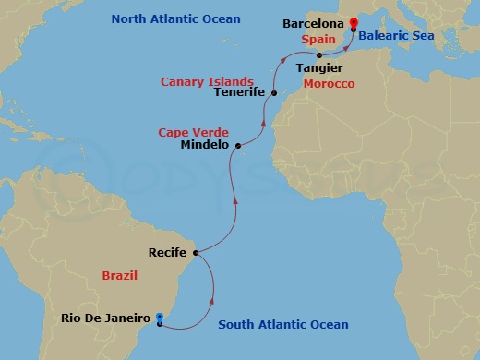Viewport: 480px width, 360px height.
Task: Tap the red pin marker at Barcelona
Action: [x=354, y=26]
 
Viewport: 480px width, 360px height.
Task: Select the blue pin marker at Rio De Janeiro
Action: [x=160, y=319]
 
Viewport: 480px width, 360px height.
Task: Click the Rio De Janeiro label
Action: [x=105, y=318]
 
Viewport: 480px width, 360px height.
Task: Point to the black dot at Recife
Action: [x=196, y=251]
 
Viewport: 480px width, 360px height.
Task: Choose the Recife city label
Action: [x=168, y=251]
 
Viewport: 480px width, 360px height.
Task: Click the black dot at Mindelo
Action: [x=238, y=145]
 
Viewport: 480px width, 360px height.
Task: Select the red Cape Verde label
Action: [x=193, y=132]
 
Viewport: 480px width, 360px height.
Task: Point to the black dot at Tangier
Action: [x=318, y=54]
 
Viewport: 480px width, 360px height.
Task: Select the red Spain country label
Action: [x=317, y=41]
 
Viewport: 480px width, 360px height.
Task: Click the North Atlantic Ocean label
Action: [x=175, y=18]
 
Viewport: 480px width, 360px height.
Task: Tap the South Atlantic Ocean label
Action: [x=282, y=324]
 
